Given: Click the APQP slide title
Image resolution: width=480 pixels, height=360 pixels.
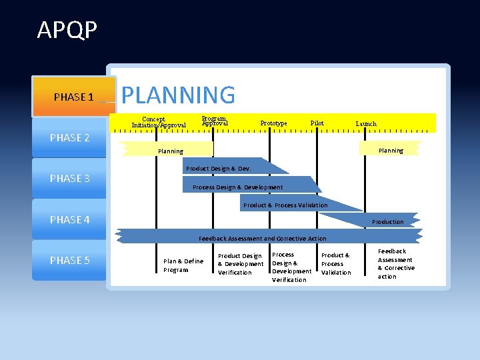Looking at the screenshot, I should [x=67, y=30].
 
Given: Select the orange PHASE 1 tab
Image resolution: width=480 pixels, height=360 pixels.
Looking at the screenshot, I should [x=74, y=97].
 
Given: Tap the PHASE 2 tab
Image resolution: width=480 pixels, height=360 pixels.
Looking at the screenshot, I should [x=70, y=138].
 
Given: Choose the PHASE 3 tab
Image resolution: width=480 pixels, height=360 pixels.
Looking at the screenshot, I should [x=70, y=178].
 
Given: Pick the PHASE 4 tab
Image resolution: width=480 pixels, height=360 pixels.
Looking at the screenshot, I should [x=70, y=219].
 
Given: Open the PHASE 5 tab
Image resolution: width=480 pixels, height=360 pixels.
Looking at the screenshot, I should [x=70, y=260].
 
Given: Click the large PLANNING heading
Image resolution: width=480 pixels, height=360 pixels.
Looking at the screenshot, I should [x=178, y=95].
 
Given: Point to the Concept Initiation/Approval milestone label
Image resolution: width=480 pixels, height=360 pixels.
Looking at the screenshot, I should [x=159, y=123].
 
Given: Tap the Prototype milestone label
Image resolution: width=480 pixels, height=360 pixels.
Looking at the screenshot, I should [x=273, y=123].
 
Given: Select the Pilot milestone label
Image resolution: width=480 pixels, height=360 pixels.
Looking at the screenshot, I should [x=317, y=123].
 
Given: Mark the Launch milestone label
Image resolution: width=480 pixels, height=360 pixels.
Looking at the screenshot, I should [x=366, y=124].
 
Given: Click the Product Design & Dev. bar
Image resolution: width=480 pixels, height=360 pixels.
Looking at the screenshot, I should [x=219, y=169].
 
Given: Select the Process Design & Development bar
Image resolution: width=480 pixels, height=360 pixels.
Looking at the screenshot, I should [x=238, y=187].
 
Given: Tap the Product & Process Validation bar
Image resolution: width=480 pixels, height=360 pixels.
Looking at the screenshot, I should [x=285, y=205].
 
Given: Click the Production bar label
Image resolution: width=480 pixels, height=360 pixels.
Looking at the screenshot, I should [x=388, y=221].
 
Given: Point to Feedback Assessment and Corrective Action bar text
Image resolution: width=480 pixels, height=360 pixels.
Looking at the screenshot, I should [x=263, y=238].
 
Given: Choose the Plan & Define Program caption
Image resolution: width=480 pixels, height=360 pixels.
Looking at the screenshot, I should [x=183, y=265].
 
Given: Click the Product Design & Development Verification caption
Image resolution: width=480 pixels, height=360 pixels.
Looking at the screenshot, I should [x=241, y=264].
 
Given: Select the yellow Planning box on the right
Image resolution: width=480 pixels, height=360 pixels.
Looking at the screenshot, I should [x=391, y=151].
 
